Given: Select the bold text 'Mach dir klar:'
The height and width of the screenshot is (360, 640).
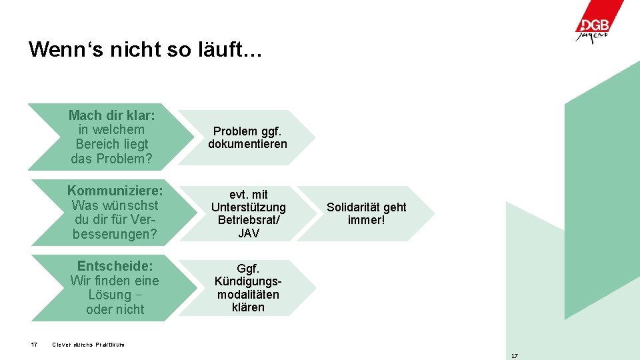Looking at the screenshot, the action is pos(111,115).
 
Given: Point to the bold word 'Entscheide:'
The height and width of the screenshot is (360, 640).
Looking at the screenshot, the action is pos(115,266).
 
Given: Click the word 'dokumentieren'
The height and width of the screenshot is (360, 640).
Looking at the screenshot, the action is pos(247,144).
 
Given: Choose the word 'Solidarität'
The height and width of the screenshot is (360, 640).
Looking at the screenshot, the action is pos(351,207).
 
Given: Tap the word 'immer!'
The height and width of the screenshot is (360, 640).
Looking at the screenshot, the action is pos(366,220).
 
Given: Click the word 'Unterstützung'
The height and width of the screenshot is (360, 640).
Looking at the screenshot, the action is pos(248,207).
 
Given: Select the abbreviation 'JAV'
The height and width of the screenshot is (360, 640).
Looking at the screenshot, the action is pos(248,233).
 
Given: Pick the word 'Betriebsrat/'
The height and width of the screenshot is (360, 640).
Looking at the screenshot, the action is pos(248,220).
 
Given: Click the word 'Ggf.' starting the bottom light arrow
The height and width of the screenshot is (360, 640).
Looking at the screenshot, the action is pos(248,268).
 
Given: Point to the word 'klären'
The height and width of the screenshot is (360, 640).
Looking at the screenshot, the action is pos(248,307).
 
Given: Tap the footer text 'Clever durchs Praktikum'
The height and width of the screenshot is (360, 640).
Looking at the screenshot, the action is pos(88,345).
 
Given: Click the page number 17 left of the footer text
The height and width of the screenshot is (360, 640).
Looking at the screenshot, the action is pos(34,345).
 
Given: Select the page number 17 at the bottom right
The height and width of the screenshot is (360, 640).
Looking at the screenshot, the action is pos(514,356).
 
